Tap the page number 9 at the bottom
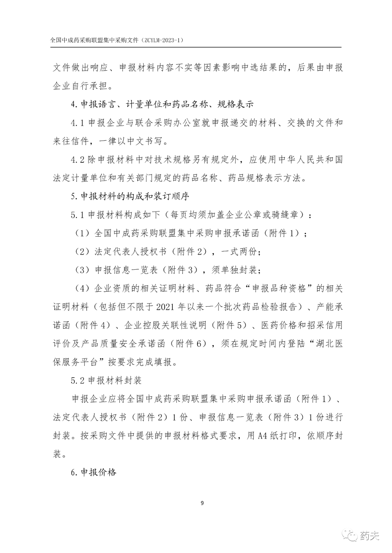[x=202, y=503]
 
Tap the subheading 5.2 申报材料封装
[x=106, y=381]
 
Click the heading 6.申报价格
[x=94, y=472]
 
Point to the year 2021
[x=167, y=307]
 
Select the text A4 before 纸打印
[x=263, y=436]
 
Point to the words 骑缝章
[x=285, y=215]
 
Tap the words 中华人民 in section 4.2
[x=295, y=160]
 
